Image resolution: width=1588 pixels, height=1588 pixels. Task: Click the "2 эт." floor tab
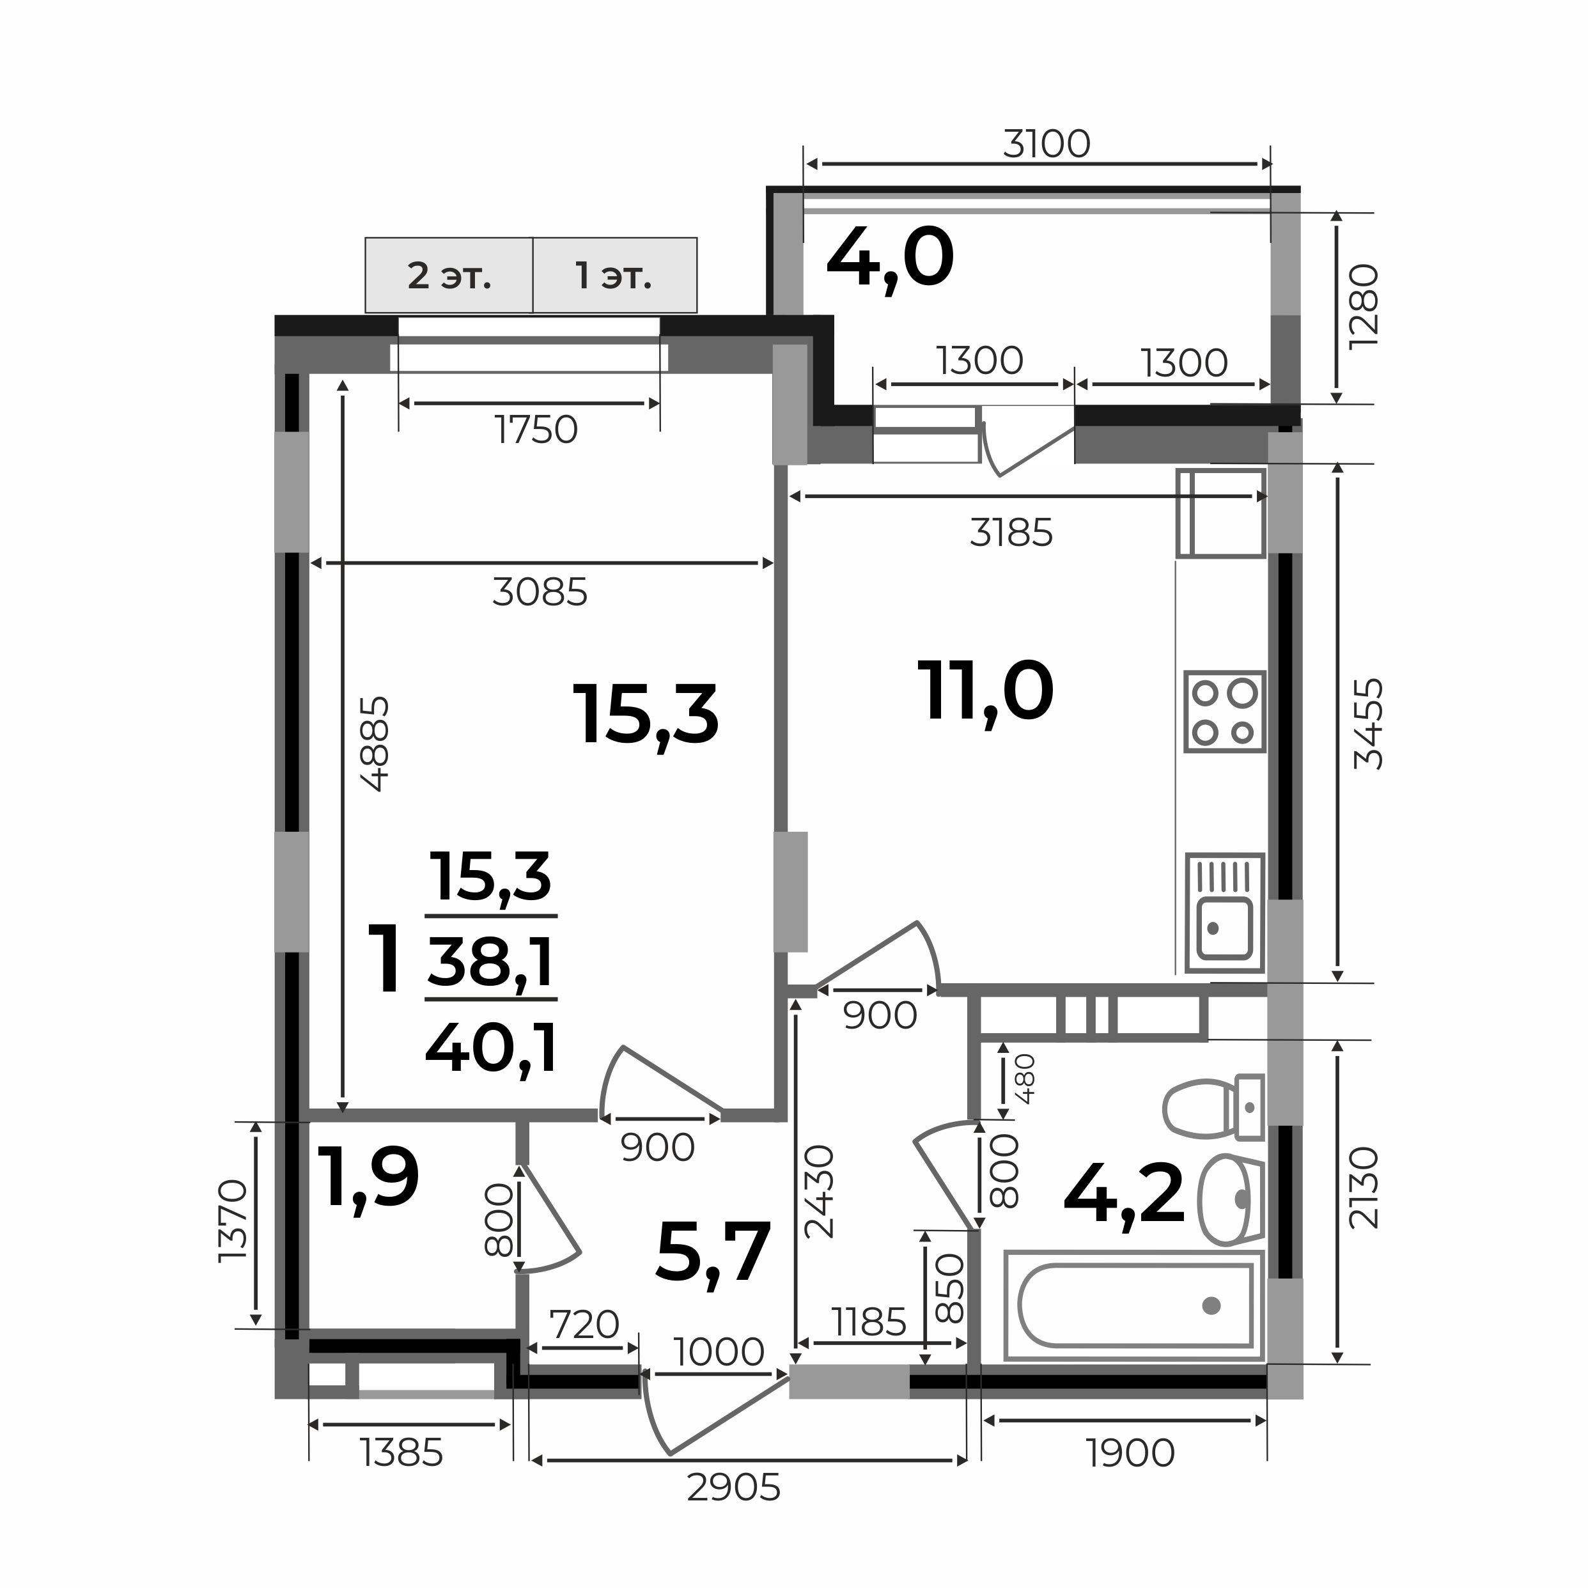pos(449,276)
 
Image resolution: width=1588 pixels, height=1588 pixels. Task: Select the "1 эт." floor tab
pos(615,276)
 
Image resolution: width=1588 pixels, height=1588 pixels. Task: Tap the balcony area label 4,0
pos(890,258)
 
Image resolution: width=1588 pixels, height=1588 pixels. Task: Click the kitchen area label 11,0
pos(986,693)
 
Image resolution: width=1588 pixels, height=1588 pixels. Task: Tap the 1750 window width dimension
pos(536,430)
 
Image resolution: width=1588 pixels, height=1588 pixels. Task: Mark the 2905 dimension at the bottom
pos(733,1488)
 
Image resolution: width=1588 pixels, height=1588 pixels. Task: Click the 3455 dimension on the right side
pos(1369,723)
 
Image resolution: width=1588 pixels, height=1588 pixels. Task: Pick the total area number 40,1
pos(492,1049)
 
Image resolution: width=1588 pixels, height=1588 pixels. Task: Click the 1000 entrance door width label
pos(719,1352)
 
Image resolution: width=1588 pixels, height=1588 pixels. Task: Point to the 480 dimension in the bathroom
pos(1027,1078)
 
